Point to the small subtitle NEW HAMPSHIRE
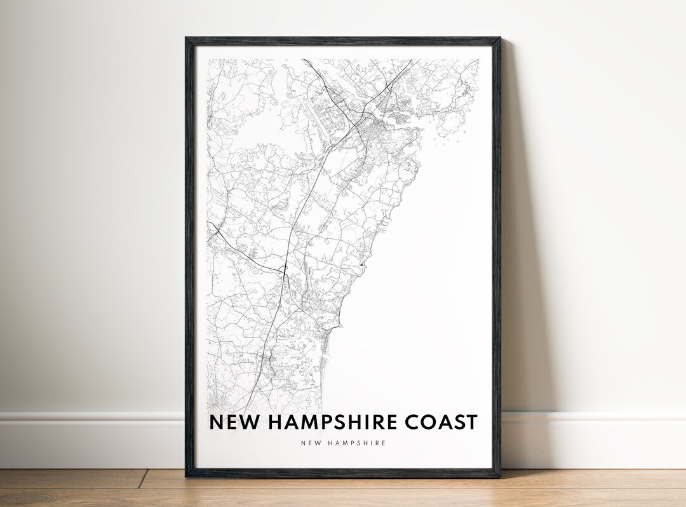344,443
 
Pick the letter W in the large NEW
245,422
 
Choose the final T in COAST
471,422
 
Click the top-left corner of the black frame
187,39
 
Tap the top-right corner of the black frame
499,39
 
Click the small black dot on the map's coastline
362,264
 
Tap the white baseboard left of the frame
89,438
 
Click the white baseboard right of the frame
597,438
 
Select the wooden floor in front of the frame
343,492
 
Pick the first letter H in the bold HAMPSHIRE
273,422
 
